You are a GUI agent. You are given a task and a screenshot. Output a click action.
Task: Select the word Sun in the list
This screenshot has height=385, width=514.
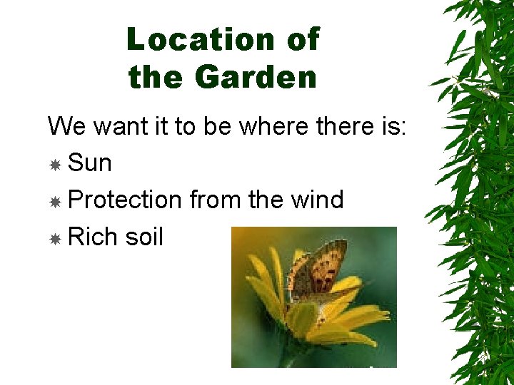click(x=90, y=163)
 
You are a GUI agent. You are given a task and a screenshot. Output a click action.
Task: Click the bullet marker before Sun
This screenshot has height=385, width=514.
click(x=55, y=165)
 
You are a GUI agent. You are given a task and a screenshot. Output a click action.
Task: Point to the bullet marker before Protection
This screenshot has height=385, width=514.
click(x=55, y=202)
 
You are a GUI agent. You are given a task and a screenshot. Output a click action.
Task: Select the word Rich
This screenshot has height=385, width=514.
click(x=91, y=237)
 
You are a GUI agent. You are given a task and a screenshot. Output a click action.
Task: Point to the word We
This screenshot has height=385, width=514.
click(x=66, y=127)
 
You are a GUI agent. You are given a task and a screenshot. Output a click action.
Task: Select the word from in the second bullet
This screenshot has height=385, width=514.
click(x=215, y=200)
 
